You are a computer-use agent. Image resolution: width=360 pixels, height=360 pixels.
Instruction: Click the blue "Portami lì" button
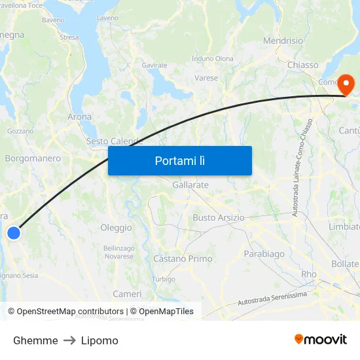click(x=179, y=160)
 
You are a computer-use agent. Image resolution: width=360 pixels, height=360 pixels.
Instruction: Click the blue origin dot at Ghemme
click(x=13, y=232)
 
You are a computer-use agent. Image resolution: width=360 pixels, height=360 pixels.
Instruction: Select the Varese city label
click(x=206, y=78)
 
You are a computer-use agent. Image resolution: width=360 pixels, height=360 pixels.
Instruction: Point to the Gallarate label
click(x=190, y=185)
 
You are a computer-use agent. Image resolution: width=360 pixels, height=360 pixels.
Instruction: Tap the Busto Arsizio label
click(x=218, y=217)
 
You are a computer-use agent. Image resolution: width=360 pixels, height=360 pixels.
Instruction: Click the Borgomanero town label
click(x=33, y=158)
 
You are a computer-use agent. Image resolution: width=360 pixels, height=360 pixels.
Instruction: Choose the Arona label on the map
click(x=80, y=117)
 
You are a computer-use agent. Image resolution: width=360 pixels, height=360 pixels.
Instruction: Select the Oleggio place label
click(x=116, y=228)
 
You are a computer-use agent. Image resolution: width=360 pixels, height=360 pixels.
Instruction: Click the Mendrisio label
click(x=283, y=41)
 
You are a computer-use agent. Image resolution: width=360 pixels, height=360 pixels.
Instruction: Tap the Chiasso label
click(x=302, y=65)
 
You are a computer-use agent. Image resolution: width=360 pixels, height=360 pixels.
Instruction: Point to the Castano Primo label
click(x=183, y=259)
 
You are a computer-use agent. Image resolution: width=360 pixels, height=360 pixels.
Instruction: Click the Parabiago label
click(x=264, y=253)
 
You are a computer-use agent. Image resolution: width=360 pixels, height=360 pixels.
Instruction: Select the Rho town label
click(x=308, y=274)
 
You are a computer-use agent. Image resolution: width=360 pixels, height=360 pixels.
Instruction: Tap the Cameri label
click(x=127, y=294)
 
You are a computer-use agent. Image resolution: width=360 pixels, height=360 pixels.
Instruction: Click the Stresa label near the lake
click(x=69, y=38)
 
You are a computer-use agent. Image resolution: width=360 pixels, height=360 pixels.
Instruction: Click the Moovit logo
click(x=320, y=339)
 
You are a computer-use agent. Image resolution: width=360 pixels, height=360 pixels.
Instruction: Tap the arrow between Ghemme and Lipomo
click(x=69, y=340)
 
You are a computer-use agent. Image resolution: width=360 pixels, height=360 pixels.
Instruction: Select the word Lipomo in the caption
click(x=100, y=340)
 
